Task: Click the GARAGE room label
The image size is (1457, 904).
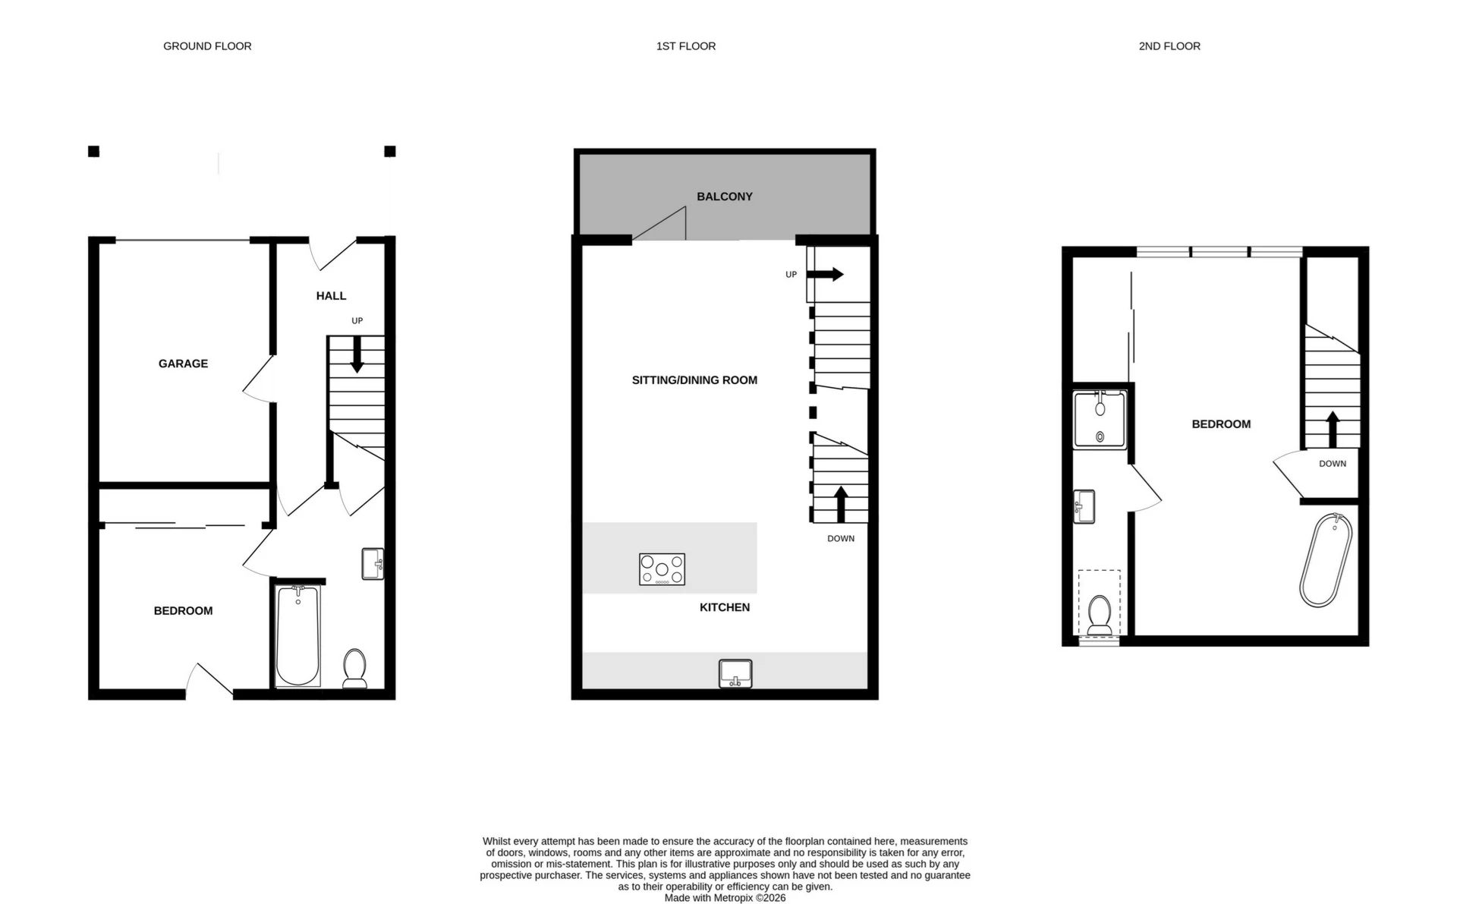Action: (x=183, y=364)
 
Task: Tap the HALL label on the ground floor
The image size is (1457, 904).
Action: (x=331, y=296)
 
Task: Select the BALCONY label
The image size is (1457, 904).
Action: (x=724, y=197)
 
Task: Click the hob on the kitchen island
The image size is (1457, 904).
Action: (x=662, y=569)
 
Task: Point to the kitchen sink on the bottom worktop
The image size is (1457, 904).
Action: (x=735, y=673)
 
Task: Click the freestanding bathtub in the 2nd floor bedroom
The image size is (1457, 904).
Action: (x=1326, y=560)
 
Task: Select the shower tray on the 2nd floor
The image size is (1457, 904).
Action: (x=1100, y=419)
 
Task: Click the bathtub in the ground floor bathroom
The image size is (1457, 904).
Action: (x=297, y=635)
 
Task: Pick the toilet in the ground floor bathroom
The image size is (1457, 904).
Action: (x=354, y=667)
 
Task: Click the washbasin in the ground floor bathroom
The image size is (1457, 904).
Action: (x=373, y=564)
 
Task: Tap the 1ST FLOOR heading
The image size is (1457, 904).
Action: (x=685, y=46)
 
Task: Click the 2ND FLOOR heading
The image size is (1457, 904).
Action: (x=1169, y=46)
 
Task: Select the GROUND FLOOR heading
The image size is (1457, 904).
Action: (x=207, y=46)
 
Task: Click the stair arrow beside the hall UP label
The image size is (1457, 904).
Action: (x=357, y=355)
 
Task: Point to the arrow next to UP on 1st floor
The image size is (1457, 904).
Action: (x=827, y=274)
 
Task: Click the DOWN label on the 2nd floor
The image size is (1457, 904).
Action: (x=1332, y=464)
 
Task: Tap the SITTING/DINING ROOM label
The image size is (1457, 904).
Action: (x=694, y=380)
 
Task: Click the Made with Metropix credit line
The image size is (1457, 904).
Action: (x=725, y=898)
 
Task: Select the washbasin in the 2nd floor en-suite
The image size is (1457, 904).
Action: (x=1084, y=506)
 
